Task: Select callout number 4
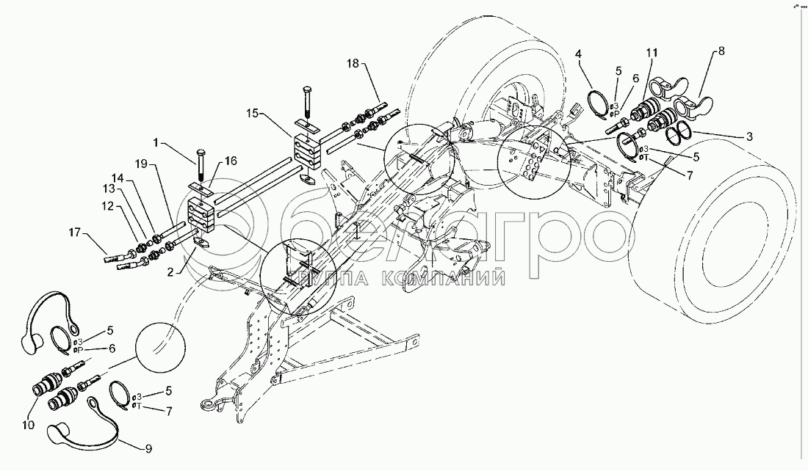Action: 579,54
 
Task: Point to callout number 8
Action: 721,51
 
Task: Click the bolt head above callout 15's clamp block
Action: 306,90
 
